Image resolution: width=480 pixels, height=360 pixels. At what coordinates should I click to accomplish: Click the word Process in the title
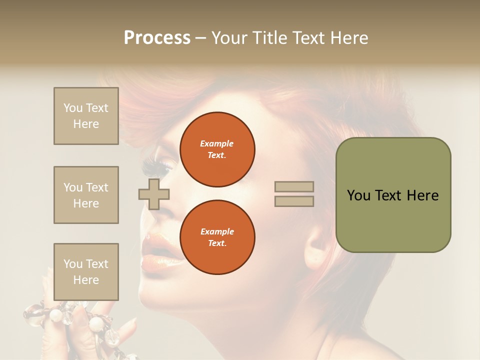point(157,38)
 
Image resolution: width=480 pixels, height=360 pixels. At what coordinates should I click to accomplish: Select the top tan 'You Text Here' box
point(86,116)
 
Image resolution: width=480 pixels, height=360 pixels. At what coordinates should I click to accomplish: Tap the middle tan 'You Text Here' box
point(86,195)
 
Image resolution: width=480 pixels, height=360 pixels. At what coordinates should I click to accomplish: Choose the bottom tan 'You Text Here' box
point(86,271)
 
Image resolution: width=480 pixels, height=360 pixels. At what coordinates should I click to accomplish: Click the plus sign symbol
point(153,194)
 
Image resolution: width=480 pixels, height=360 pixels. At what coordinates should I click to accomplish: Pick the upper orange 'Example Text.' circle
point(217,149)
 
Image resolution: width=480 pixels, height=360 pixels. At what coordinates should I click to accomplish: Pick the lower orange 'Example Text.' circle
point(217,237)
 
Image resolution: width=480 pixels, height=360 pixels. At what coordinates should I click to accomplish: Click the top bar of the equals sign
point(294,187)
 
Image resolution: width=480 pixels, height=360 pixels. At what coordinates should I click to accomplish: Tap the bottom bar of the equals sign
point(294,201)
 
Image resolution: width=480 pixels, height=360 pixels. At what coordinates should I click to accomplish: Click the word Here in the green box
point(422,195)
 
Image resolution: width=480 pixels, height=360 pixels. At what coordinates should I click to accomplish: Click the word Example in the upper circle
point(217,143)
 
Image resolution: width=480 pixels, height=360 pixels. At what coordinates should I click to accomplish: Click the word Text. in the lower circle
point(217,243)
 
